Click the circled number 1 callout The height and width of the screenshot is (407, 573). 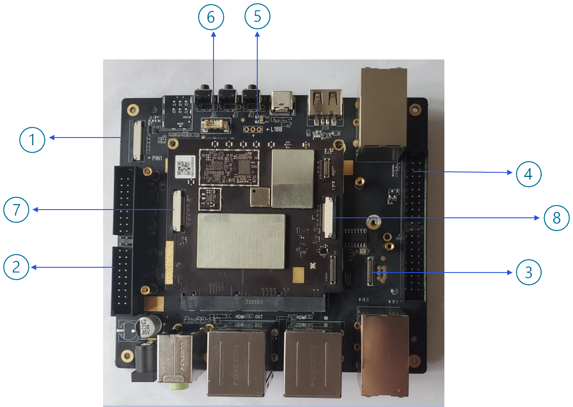[32, 139]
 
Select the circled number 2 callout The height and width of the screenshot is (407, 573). [16, 267]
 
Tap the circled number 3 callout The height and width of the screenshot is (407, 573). [528, 272]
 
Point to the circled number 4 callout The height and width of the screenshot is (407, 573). [528, 174]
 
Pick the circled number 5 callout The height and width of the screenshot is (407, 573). [257, 16]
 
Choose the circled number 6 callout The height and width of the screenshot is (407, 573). [211, 17]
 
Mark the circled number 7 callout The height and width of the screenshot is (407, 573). [16, 210]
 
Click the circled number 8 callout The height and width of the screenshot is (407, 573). [556, 217]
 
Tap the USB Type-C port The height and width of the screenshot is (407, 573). [282, 103]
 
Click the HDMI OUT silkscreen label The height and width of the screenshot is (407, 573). [249, 317]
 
